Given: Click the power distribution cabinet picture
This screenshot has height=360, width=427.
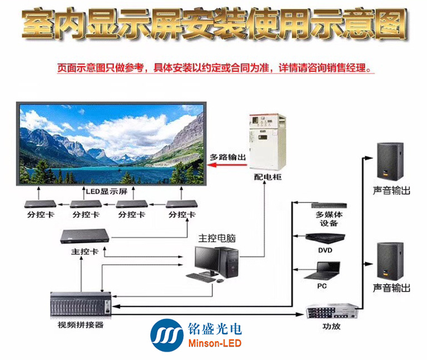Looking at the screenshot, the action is (265, 142).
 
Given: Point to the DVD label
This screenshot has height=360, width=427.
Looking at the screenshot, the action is (325, 250).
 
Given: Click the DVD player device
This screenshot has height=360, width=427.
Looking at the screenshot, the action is (325, 238).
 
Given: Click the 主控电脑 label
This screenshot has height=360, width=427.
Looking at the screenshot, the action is (217, 238).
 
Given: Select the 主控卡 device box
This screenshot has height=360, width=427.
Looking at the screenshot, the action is (88, 236).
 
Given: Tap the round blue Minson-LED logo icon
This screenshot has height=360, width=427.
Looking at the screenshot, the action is (167, 335).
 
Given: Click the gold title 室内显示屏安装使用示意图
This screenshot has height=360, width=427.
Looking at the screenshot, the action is (214, 24).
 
